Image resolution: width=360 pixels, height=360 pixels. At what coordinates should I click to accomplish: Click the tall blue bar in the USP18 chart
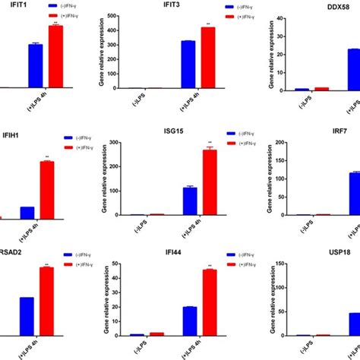point(354,324)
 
